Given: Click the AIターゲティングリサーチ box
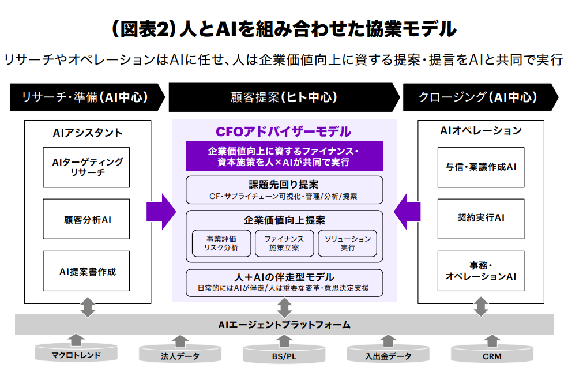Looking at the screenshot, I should [86, 167].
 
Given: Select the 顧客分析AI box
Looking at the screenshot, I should [86, 220].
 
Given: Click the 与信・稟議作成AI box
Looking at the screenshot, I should [481, 167].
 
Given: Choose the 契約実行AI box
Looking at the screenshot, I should [481, 219].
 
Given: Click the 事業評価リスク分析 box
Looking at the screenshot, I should [221, 243].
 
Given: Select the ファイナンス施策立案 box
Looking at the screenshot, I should [284, 243].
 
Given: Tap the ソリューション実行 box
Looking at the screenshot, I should [347, 243].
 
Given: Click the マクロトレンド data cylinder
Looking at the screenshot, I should [76, 354].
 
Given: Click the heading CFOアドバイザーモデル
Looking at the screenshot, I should [283, 131].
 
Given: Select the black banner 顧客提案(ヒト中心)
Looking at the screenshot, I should [283, 97].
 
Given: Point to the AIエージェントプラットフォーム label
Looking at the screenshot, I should [284, 325].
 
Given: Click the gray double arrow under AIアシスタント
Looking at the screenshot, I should [88, 307].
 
